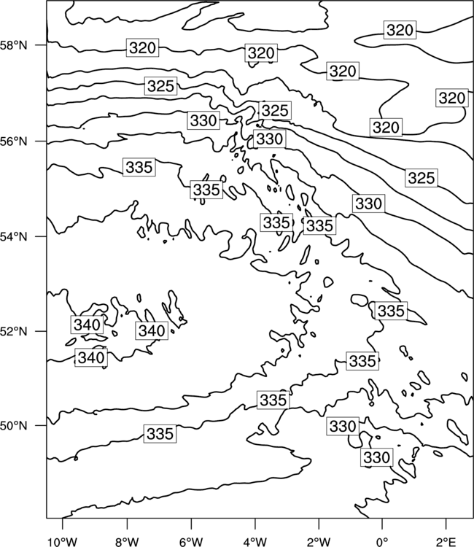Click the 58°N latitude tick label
click(13, 45)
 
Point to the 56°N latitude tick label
click(13, 141)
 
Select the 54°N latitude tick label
click(13, 237)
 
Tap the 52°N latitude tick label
click(13, 331)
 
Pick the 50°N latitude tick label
click(13, 426)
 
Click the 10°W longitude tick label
click(62, 542)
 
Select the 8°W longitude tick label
click(127, 542)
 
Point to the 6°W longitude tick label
click(191, 542)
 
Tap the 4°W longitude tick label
click(255, 542)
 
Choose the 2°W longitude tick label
click(319, 542)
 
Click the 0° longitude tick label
click(382, 542)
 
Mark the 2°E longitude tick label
click(446, 542)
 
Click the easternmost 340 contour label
click(152, 330)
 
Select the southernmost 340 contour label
click(91, 357)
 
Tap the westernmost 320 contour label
click(142, 47)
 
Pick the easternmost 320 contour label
click(451, 98)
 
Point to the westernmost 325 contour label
click(160, 86)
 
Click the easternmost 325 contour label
click(421, 178)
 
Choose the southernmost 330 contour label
click(376, 457)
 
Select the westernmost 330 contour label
click(203, 120)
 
